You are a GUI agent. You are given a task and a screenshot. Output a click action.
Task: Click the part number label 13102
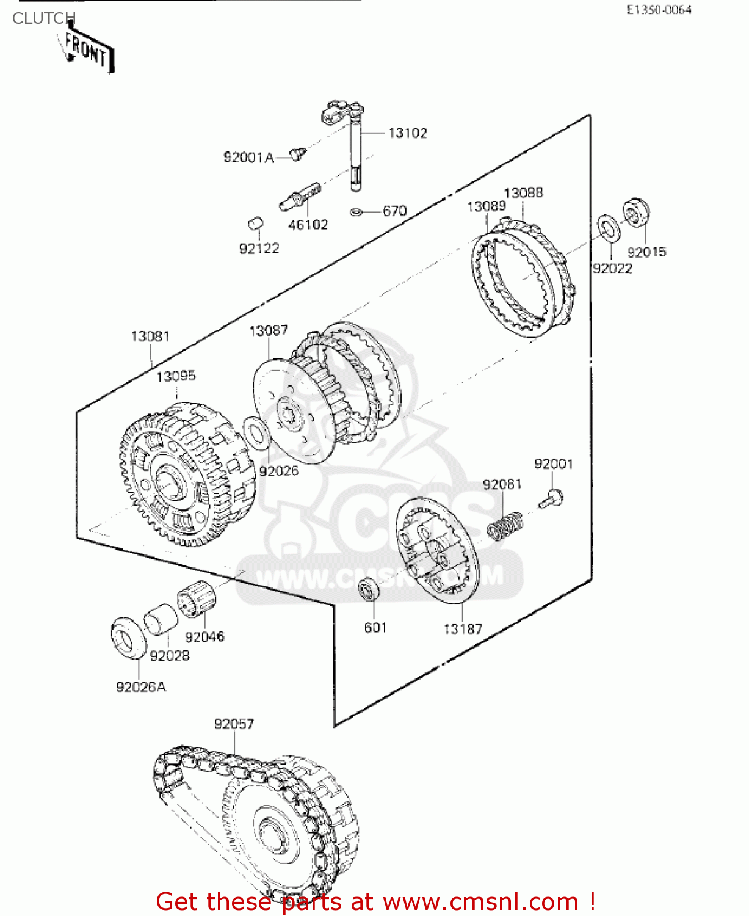coord(407,133)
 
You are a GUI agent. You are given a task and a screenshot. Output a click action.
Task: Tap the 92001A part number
coord(248,158)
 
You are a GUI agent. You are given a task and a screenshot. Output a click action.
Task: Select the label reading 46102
coord(308,225)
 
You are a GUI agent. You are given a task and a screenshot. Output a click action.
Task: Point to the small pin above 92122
coord(256,224)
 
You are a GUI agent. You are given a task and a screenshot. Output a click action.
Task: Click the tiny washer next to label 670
coord(356,211)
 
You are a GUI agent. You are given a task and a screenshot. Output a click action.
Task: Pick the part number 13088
coord(523,193)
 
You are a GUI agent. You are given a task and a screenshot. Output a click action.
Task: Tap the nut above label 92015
coord(636,213)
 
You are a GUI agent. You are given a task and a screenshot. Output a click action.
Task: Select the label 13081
coord(150,336)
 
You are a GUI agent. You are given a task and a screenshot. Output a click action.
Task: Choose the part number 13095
coord(176,376)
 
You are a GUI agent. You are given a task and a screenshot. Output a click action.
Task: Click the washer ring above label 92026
coord(256,432)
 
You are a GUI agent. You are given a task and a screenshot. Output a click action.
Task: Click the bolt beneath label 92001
coord(552,499)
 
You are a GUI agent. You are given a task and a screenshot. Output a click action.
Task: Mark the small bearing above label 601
coord(369,588)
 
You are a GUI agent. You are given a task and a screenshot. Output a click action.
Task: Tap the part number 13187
coord(463,628)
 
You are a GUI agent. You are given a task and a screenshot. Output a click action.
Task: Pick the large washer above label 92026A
coord(129,638)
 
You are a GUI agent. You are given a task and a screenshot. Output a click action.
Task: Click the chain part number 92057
coord(234,724)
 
